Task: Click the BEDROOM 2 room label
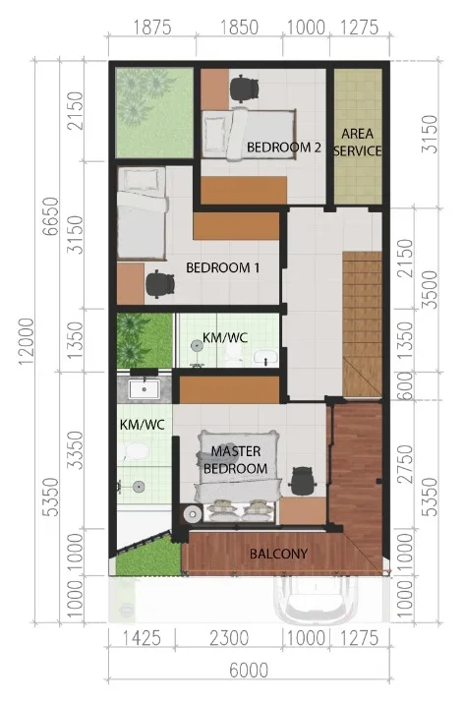pos(284,147)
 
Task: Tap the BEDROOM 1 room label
pos(222,268)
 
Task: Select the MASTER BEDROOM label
pos(236,460)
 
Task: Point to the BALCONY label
pos(278,554)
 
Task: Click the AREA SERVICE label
pos(357,143)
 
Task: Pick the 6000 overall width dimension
pos(249,671)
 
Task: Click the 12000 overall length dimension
pos(27,341)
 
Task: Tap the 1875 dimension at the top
pos(152,28)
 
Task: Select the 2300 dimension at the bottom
pos(229,638)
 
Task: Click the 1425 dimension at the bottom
pos(142,638)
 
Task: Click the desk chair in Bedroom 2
pos(245,88)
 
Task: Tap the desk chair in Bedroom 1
pos(160,284)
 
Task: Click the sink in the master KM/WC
pos(145,388)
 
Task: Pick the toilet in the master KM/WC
pos(134,451)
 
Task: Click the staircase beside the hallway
pos(362,324)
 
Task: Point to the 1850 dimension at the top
pos(239,28)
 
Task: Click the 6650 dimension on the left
pos(51,216)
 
